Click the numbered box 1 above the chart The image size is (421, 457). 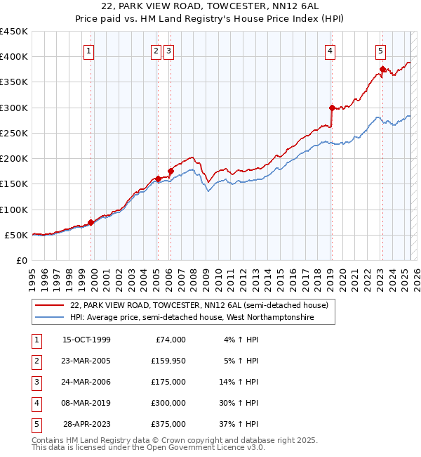[90, 51]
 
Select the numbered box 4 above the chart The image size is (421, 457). [330, 51]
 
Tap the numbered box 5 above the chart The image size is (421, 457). [380, 51]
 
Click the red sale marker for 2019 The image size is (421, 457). [332, 108]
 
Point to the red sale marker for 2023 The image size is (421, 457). [382, 70]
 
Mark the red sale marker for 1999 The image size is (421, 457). [91, 223]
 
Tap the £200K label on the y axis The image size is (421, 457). [13, 159]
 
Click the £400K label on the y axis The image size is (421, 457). [13, 57]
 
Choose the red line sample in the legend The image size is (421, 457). [49, 306]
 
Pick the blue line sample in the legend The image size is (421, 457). [49, 318]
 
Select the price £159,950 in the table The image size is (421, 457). [168, 361]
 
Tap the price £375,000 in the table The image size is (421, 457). [168, 425]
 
